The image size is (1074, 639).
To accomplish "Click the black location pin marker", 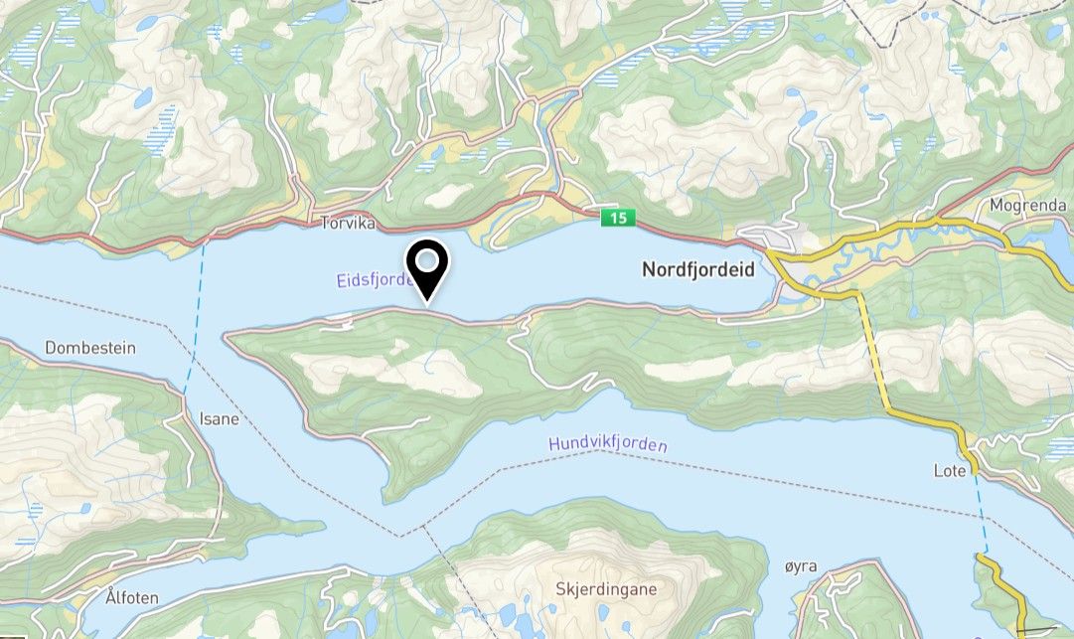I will coord(428,266).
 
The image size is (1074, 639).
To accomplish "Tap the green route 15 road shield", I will coord(617,218).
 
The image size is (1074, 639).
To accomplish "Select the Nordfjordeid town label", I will coord(698,269).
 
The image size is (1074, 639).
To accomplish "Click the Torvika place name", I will coord(348,225).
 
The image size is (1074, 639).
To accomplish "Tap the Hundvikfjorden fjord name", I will coord(607,445).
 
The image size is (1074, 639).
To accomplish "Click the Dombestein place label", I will coord(89,348).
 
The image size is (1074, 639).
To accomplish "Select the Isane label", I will coord(219,418).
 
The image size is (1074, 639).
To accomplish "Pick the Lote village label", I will coord(950,470).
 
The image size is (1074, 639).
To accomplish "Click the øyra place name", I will coord(800,566).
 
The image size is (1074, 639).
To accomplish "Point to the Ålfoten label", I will coord(132,597).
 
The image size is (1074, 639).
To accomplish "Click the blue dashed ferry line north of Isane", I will coord(195,308).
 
